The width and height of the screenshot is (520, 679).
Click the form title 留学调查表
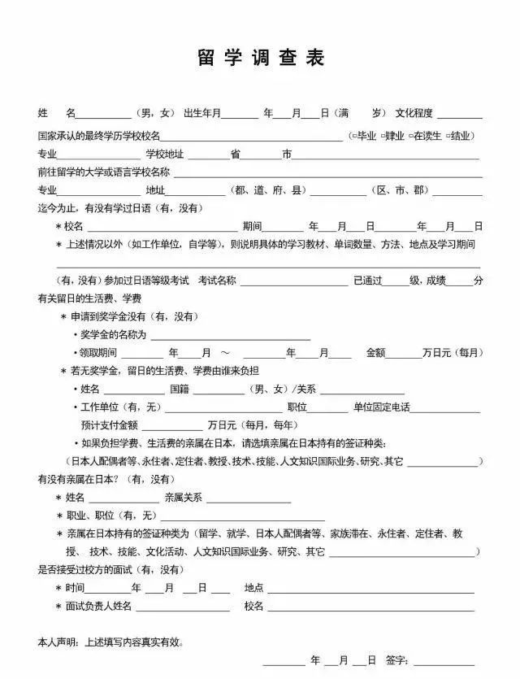click(260, 59)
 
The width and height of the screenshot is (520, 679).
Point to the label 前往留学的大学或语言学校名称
click(104, 172)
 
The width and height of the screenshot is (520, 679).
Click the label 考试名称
click(217, 281)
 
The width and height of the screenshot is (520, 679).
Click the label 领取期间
click(98, 353)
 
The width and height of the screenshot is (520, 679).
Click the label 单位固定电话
click(381, 407)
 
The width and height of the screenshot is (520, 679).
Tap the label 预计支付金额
click(109, 425)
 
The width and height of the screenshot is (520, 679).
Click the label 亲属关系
click(183, 497)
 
